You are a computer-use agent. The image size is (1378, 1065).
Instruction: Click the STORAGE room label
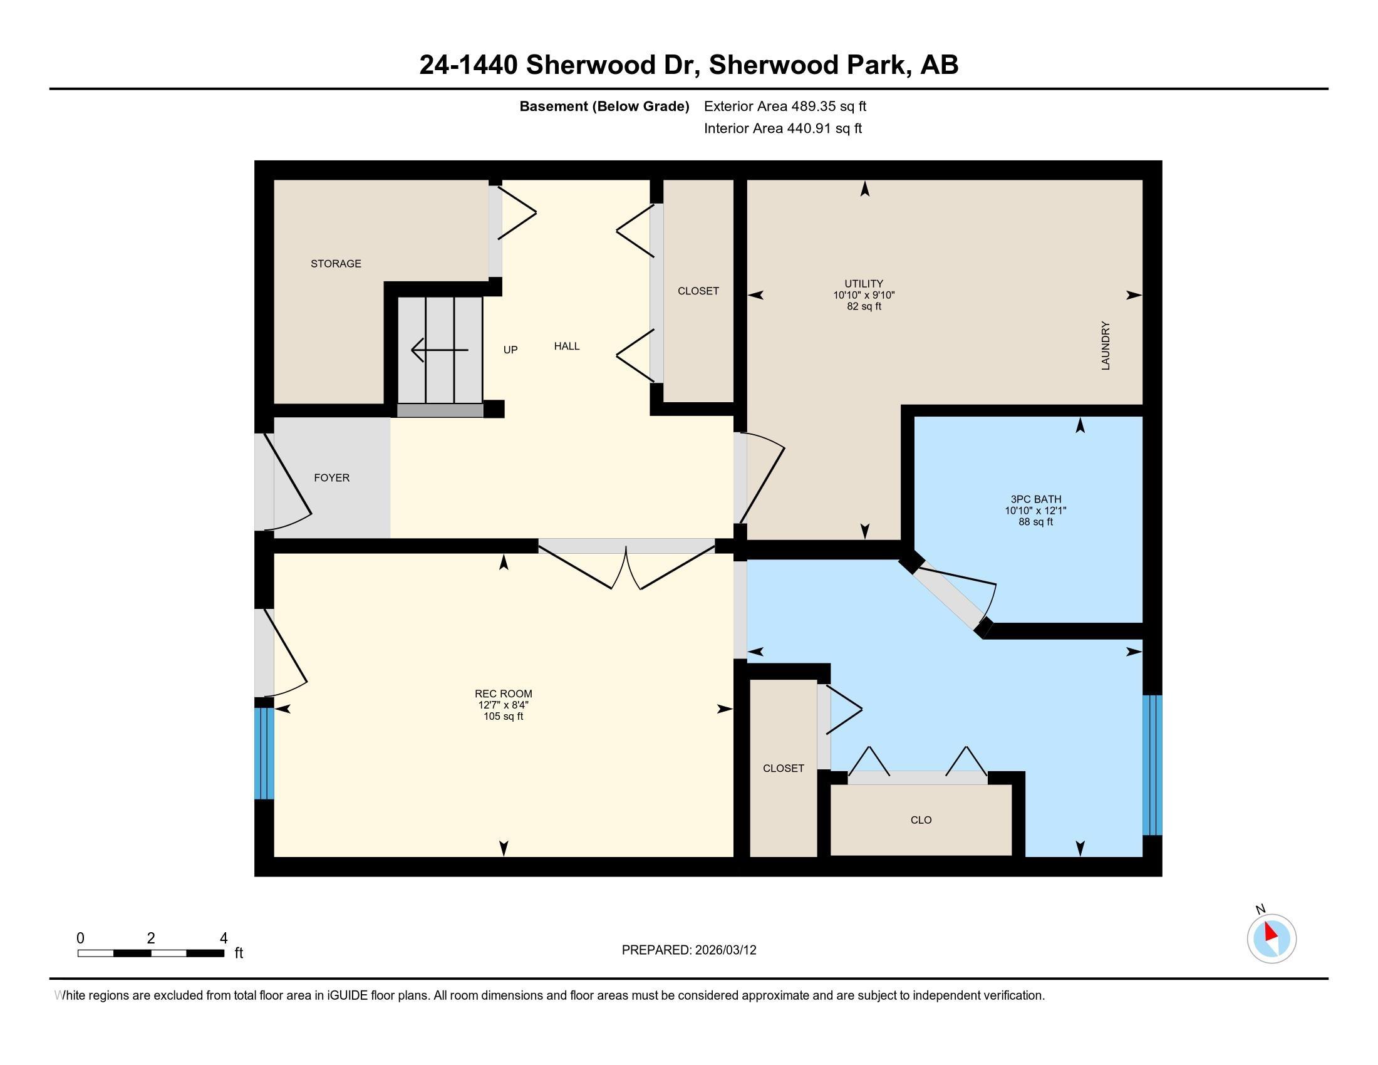click(336, 264)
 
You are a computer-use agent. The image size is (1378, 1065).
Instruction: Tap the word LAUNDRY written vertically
click(1105, 346)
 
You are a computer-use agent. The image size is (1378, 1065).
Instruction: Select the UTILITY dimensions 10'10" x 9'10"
click(864, 295)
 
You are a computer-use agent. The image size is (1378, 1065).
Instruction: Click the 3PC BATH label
click(1035, 499)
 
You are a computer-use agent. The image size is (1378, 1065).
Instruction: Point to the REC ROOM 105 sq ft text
click(503, 717)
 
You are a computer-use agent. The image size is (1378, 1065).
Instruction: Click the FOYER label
click(332, 477)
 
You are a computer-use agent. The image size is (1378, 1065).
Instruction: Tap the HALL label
click(567, 346)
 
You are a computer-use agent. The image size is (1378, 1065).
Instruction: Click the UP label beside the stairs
click(510, 350)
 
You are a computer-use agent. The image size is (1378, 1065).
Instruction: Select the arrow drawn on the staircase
click(439, 350)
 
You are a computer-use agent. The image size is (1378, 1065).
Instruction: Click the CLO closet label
click(921, 820)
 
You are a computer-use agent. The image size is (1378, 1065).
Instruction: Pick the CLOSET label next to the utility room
click(698, 291)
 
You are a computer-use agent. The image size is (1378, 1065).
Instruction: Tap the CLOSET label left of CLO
click(783, 769)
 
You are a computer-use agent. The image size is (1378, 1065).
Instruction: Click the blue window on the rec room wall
click(264, 753)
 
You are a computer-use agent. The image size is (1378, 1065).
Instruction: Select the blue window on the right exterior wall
click(1151, 766)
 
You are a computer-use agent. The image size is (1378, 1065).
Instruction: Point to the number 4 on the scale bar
click(224, 938)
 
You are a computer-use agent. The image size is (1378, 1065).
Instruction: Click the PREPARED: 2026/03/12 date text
click(688, 950)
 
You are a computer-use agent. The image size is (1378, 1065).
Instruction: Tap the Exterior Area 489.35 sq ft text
click(785, 106)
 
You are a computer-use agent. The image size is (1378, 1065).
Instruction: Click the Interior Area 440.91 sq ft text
click(782, 128)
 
